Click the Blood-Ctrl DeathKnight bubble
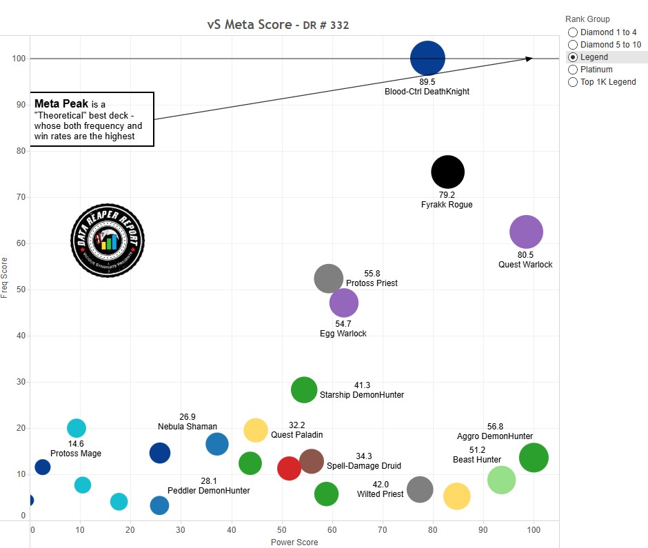427,59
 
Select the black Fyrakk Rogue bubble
447,172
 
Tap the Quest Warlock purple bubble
526,232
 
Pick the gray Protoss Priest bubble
329,278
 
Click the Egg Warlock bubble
344,303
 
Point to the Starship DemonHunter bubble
303,389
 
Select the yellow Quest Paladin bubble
256,430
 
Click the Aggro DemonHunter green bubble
534,457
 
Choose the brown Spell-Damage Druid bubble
312,461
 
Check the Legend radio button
572,57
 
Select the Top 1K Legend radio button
572,82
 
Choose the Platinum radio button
572,70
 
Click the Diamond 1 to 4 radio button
572,32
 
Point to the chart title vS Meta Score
250,26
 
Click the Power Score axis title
294,542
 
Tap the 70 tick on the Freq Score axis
21,197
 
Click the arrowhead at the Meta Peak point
530,59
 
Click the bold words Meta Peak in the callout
61,103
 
